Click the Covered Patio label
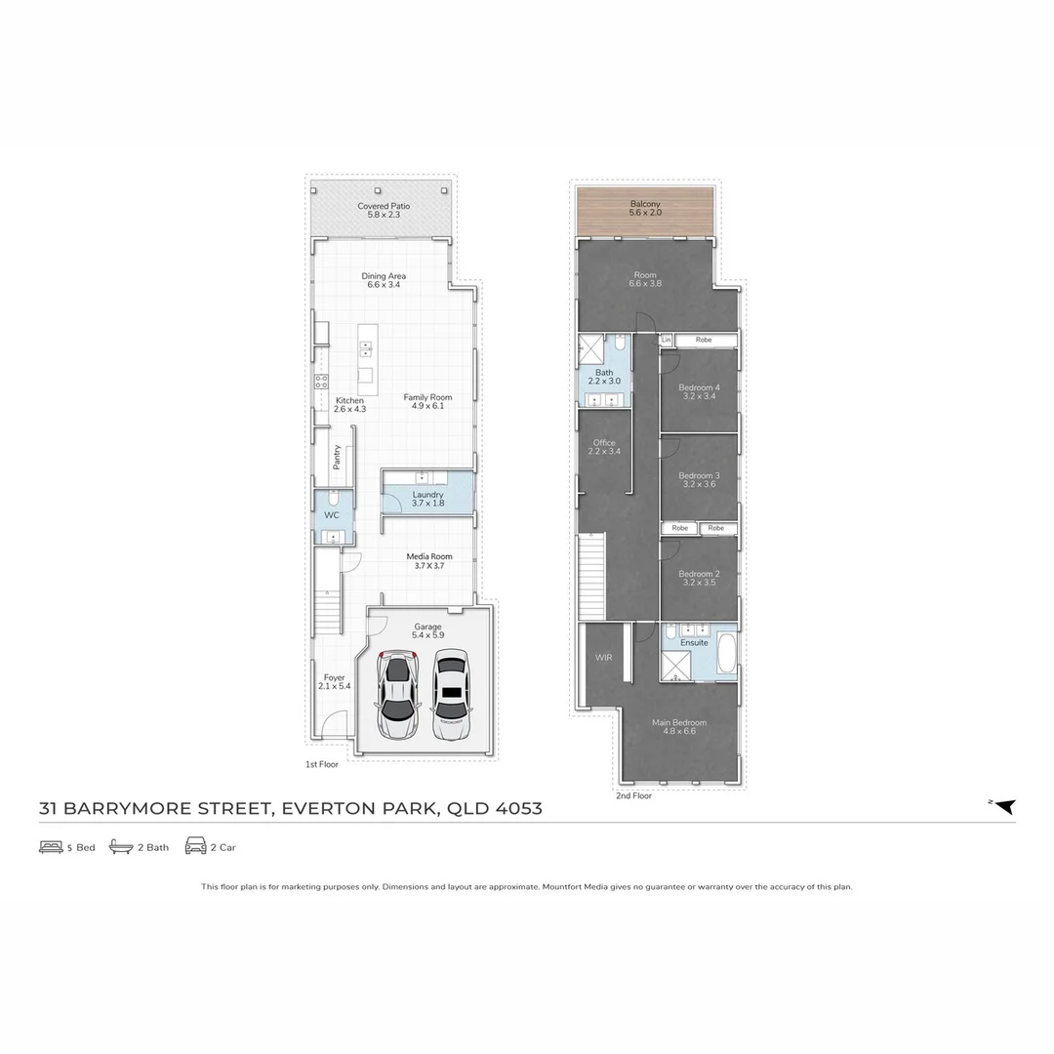384,206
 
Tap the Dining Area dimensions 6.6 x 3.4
384,286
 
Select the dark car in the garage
399,694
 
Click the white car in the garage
451,694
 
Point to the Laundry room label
427,495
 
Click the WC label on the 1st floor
332,514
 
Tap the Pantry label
337,457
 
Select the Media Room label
429,556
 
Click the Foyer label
334,677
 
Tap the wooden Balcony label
645,204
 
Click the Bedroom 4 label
699,387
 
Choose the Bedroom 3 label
699,475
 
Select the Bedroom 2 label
699,574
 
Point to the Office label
604,442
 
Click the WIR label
602,658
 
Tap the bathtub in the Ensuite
727,653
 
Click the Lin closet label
668,340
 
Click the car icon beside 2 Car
195,846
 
